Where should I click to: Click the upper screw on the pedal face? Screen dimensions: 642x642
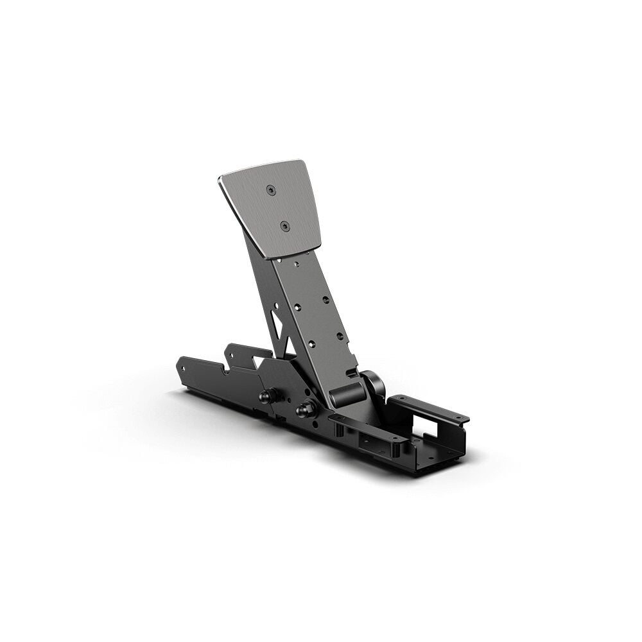tap(272, 189)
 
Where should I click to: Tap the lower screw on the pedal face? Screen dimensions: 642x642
tap(285, 226)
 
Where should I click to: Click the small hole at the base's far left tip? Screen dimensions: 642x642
tap(182, 369)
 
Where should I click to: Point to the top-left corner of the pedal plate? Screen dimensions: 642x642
tap(220, 177)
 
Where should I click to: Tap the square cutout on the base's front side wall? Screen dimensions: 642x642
tap(371, 443)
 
